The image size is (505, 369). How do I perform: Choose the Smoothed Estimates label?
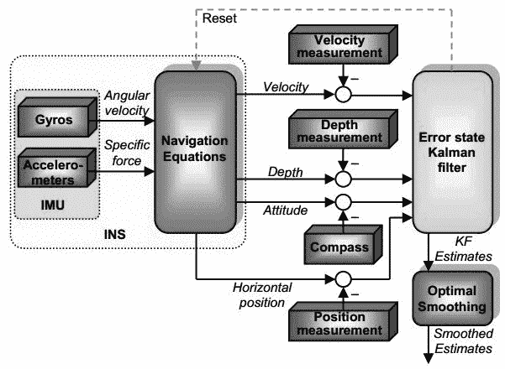click(x=460, y=340)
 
